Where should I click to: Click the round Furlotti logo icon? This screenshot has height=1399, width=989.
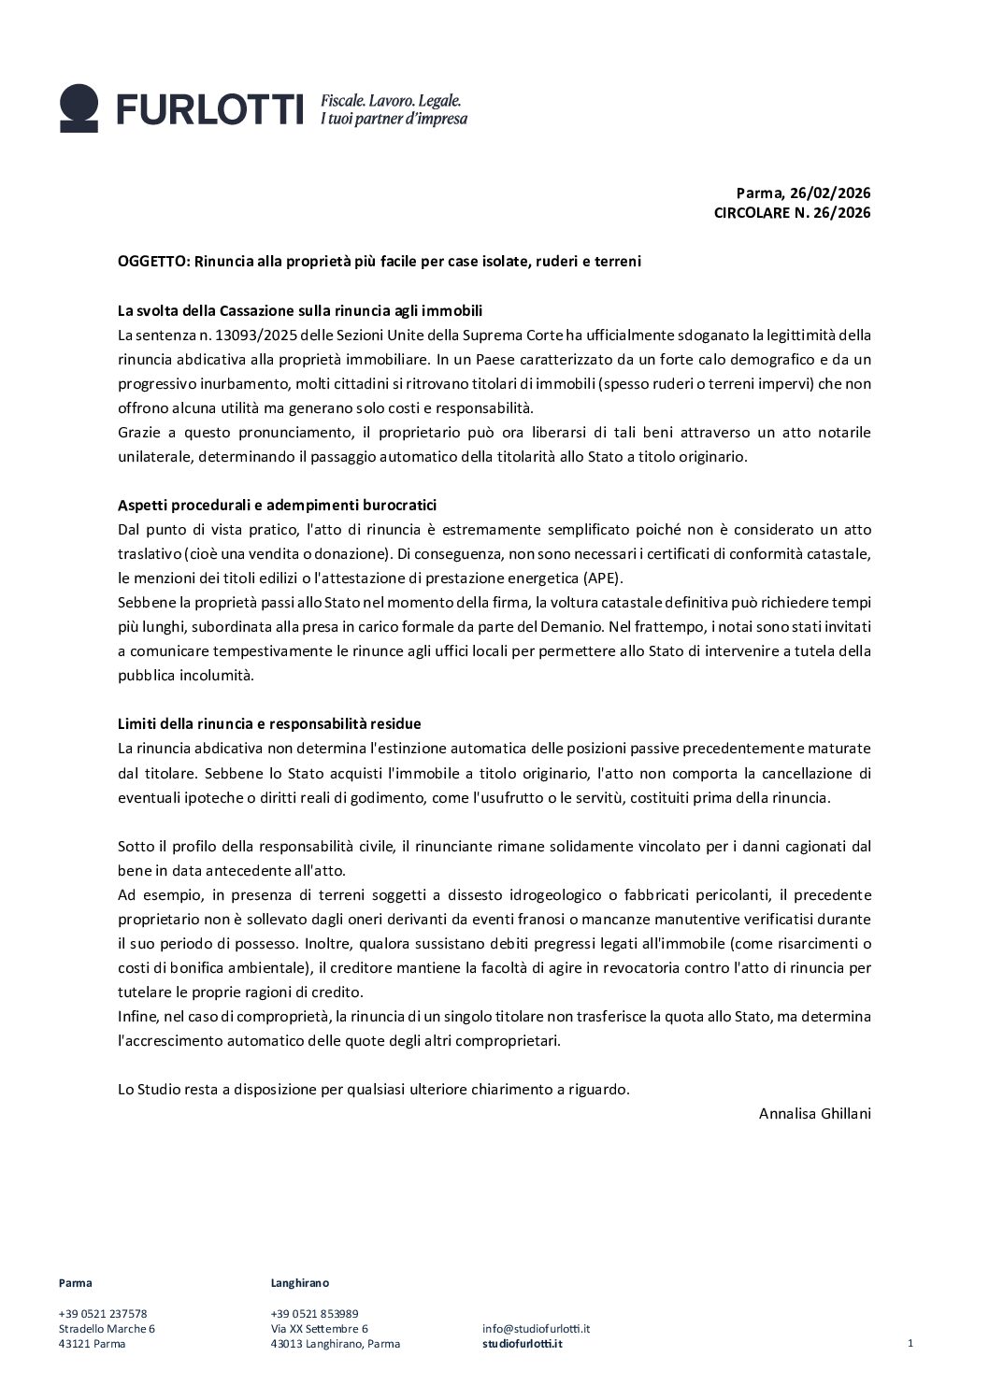pos(79,107)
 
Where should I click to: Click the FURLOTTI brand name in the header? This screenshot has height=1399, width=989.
pos(210,109)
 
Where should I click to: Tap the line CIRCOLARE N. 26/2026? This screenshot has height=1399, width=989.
pos(792,213)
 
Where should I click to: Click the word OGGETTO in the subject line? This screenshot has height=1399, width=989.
pos(150,262)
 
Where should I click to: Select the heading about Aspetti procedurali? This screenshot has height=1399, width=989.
pos(277,506)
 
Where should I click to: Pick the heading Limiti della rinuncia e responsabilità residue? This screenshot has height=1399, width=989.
pos(269,724)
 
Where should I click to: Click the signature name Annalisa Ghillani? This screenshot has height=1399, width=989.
pos(814,1113)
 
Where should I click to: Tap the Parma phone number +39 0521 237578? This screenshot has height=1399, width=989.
pos(103,1314)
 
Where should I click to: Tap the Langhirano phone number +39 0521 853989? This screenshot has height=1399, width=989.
pos(314,1314)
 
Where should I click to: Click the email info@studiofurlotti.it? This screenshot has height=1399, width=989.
pos(536,1329)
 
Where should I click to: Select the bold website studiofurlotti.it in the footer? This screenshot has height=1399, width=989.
pos(523,1344)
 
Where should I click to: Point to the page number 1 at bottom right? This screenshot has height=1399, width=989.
pos(910,1344)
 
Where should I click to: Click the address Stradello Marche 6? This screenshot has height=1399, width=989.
pos(107,1329)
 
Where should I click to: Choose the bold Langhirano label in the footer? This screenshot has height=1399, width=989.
pos(299,1283)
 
